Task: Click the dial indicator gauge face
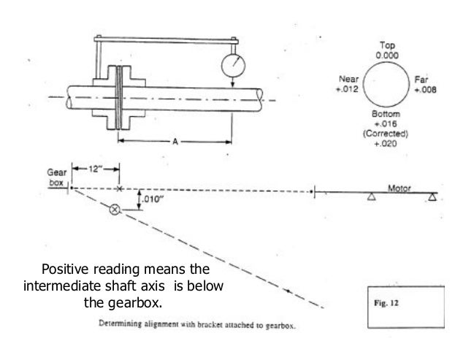coord(232,66)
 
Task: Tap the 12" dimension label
coord(93,169)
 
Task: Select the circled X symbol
coord(114,210)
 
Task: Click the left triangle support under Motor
coord(371,196)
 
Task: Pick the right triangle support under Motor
coord(434,196)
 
